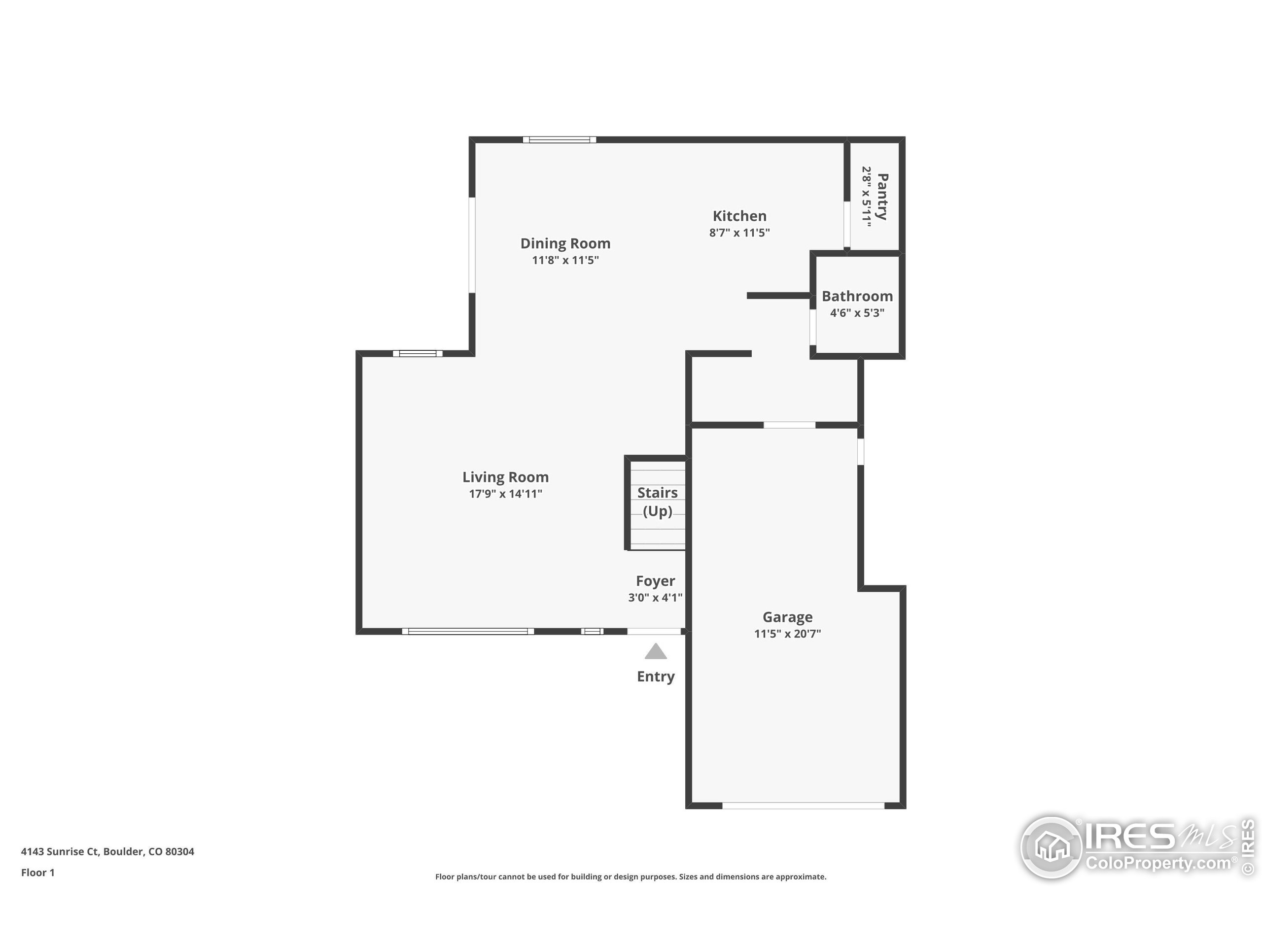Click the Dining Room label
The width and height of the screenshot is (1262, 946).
tap(565, 243)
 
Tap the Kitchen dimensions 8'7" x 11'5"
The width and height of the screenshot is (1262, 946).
tap(739, 233)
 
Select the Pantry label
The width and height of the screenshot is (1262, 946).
tap(882, 197)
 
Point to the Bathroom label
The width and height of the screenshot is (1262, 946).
tap(857, 296)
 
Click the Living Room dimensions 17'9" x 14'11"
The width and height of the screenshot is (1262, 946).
tap(505, 494)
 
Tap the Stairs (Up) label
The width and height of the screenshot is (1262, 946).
tap(657, 501)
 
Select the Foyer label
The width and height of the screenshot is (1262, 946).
tap(655, 581)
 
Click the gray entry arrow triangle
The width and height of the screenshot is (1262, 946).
tap(656, 652)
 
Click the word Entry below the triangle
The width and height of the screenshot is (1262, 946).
tap(656, 676)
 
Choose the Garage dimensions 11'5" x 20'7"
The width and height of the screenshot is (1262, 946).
tap(787, 634)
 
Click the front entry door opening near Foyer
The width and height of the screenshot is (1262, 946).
tap(654, 631)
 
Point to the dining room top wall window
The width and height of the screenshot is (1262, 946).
tap(559, 140)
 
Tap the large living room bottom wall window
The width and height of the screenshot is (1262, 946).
tap(468, 631)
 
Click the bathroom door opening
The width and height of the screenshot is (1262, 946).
tap(812, 327)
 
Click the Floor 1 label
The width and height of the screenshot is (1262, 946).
tap(37, 873)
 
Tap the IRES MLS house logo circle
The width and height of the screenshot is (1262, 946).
tap(1051, 847)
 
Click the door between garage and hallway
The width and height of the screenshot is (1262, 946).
tap(789, 425)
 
